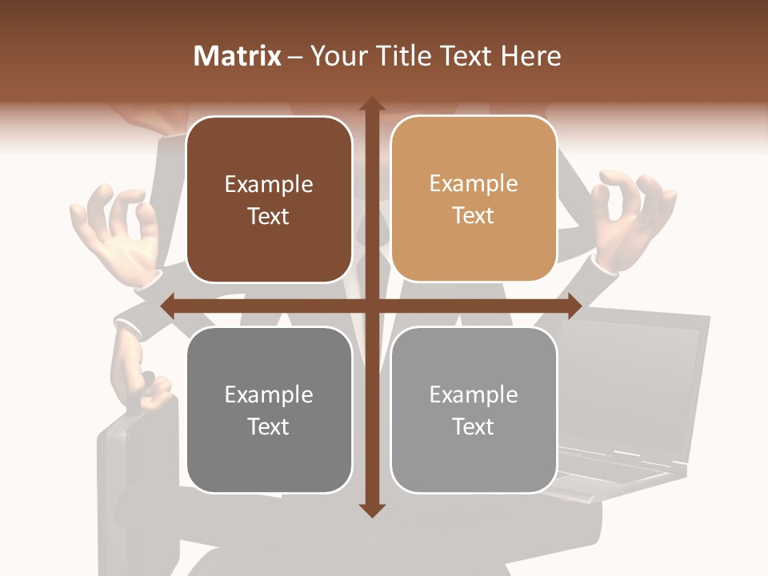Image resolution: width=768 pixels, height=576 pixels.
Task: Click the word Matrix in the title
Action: click(238, 56)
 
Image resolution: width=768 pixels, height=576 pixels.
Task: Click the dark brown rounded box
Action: click(270, 200)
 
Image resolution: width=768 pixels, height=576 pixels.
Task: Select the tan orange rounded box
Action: click(474, 200)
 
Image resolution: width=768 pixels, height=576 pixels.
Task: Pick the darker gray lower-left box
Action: click(270, 410)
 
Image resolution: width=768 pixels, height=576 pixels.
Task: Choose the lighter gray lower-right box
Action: click(474, 410)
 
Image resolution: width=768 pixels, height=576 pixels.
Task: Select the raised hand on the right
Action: click(632, 216)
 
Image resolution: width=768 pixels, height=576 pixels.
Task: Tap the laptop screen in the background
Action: click(632, 376)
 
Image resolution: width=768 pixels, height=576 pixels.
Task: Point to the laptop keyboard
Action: click(616, 472)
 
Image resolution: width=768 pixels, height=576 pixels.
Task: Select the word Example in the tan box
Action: click(474, 184)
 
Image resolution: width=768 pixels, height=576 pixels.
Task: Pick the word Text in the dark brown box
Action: click(269, 217)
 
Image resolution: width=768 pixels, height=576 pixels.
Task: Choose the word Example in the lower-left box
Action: click(269, 394)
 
